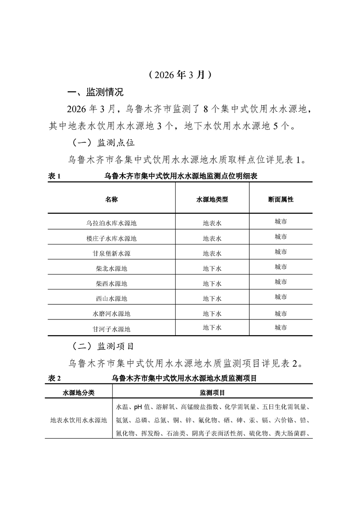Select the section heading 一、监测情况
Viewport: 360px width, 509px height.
tap(95, 93)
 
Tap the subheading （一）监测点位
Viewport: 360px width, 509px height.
tap(104, 142)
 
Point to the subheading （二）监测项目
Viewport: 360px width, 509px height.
tap(104, 346)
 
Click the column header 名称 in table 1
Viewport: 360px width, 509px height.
tap(111, 200)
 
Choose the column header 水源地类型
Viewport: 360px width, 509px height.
tap(212, 200)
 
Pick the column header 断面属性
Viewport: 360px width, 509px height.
tap(281, 200)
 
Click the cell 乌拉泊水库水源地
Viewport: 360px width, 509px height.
tap(111, 223)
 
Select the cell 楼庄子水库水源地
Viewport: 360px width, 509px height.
tap(111, 238)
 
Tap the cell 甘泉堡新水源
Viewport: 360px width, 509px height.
tap(111, 253)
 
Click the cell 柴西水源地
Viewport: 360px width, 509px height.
tap(111, 284)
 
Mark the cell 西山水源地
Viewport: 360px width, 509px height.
tap(111, 299)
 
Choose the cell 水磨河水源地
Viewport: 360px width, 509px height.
tap(111, 313)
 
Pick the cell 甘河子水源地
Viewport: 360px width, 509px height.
tap(111, 329)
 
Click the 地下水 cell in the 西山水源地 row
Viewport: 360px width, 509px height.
tap(212, 299)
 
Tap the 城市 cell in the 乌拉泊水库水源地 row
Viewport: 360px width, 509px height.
tap(281, 222)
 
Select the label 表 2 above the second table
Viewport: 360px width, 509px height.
tap(54, 378)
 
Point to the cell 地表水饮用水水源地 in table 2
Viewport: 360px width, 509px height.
tap(79, 420)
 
